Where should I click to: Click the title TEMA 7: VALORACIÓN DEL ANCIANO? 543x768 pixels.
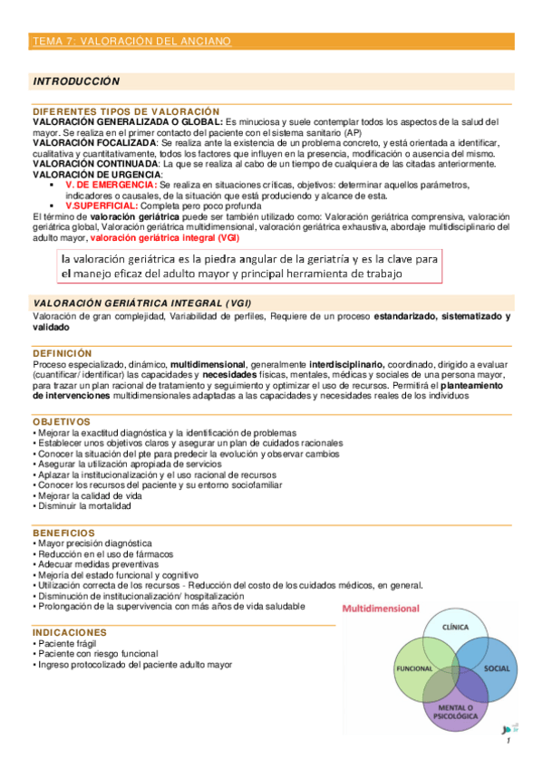[x=131, y=42]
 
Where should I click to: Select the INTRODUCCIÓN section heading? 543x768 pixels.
[x=76, y=82]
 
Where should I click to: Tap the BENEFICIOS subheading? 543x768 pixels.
[x=63, y=532]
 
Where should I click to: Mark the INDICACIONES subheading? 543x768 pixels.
[x=69, y=631]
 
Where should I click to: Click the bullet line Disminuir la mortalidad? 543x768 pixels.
[x=84, y=507]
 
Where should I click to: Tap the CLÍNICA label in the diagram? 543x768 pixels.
[x=454, y=627]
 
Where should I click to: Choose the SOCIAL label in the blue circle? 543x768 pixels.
[x=497, y=667]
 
